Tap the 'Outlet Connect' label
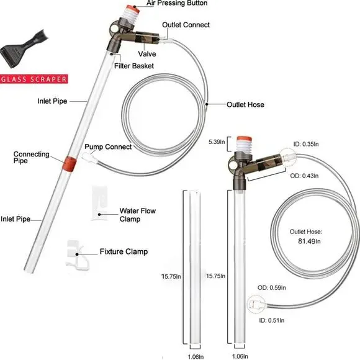tap(186, 25)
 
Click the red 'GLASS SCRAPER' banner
tap(34, 79)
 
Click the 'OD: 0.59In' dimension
tap(271, 287)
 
